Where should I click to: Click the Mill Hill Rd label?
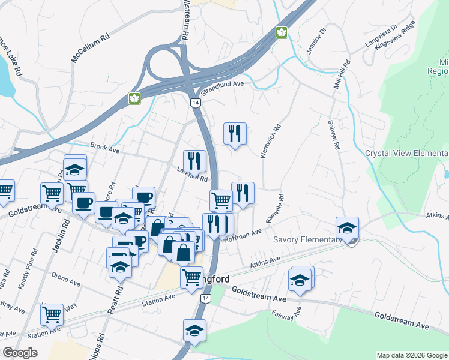point(342,76)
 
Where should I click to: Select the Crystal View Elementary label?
point(406,154)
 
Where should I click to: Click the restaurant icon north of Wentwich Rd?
point(234,134)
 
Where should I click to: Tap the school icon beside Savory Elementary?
point(347,229)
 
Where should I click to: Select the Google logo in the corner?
point(20,353)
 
